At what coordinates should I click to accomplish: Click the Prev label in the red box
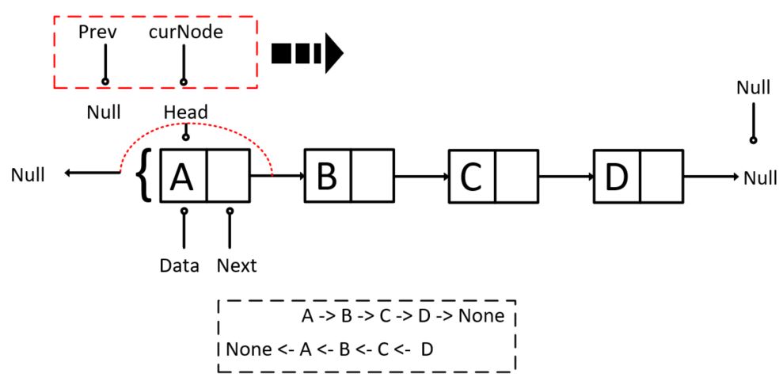pos(97,32)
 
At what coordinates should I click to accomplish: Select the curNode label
pos(185,32)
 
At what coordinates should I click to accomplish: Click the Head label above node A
pos(185,113)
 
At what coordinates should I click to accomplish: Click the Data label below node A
pos(178,265)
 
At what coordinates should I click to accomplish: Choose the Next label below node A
pos(237,265)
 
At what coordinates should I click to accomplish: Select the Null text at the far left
pos(29,175)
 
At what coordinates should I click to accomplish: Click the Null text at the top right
pos(753,87)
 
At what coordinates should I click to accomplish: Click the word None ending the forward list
pos(481,317)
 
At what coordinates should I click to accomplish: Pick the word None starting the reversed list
pos(245,349)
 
